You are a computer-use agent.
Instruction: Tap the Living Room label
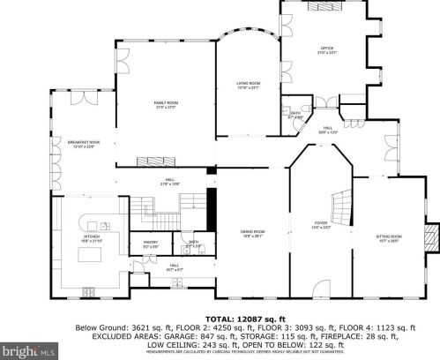coord(248,85)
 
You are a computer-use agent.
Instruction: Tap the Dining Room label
coord(253,233)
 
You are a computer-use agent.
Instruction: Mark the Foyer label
coord(321,224)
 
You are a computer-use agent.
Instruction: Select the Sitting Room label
coord(390,236)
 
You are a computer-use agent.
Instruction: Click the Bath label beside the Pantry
coord(193,243)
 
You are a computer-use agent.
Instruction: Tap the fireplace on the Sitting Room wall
coord(431,236)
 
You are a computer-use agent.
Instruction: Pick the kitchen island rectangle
coord(93,256)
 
